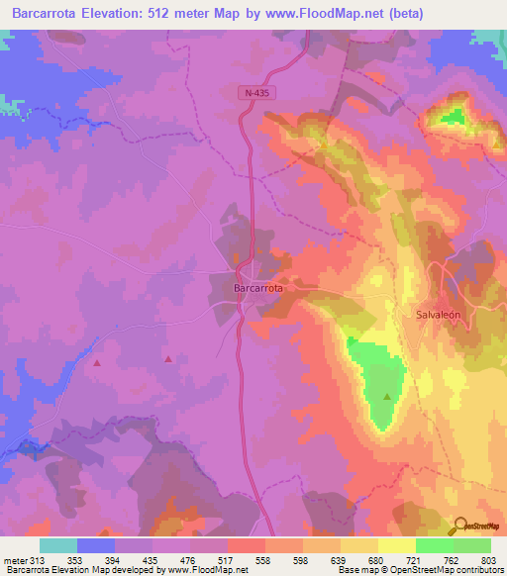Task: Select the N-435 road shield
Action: click(x=258, y=92)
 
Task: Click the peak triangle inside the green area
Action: click(x=387, y=398)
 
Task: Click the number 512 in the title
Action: click(x=202, y=13)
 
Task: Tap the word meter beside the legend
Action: click(x=16, y=561)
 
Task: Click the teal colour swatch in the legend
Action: click(x=58, y=545)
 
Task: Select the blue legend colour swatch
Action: click(x=96, y=545)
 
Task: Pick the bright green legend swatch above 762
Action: click(x=435, y=545)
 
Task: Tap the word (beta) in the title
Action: click(x=407, y=13)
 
